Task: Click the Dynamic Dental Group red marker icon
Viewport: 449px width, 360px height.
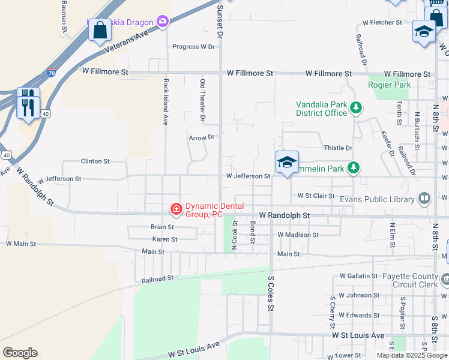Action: (x=176, y=209)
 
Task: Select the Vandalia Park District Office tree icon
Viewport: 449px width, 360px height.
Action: (x=357, y=108)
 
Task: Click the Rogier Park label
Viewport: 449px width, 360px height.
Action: (x=390, y=85)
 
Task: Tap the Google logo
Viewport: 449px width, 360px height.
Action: (x=20, y=353)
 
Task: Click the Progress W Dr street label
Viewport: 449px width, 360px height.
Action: (x=193, y=47)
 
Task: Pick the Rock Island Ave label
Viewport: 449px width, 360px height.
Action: (x=166, y=102)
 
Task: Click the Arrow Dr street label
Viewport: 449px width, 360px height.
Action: (x=202, y=137)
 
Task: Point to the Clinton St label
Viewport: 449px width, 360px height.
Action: (x=95, y=161)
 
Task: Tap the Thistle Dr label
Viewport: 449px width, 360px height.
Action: (x=338, y=148)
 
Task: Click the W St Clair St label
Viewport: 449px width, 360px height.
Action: (x=316, y=196)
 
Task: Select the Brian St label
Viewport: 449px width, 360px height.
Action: (x=162, y=227)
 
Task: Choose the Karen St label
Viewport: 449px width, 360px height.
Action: (x=164, y=239)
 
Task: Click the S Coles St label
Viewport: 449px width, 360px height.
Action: (x=271, y=293)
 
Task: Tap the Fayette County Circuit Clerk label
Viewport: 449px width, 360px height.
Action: (x=412, y=280)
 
